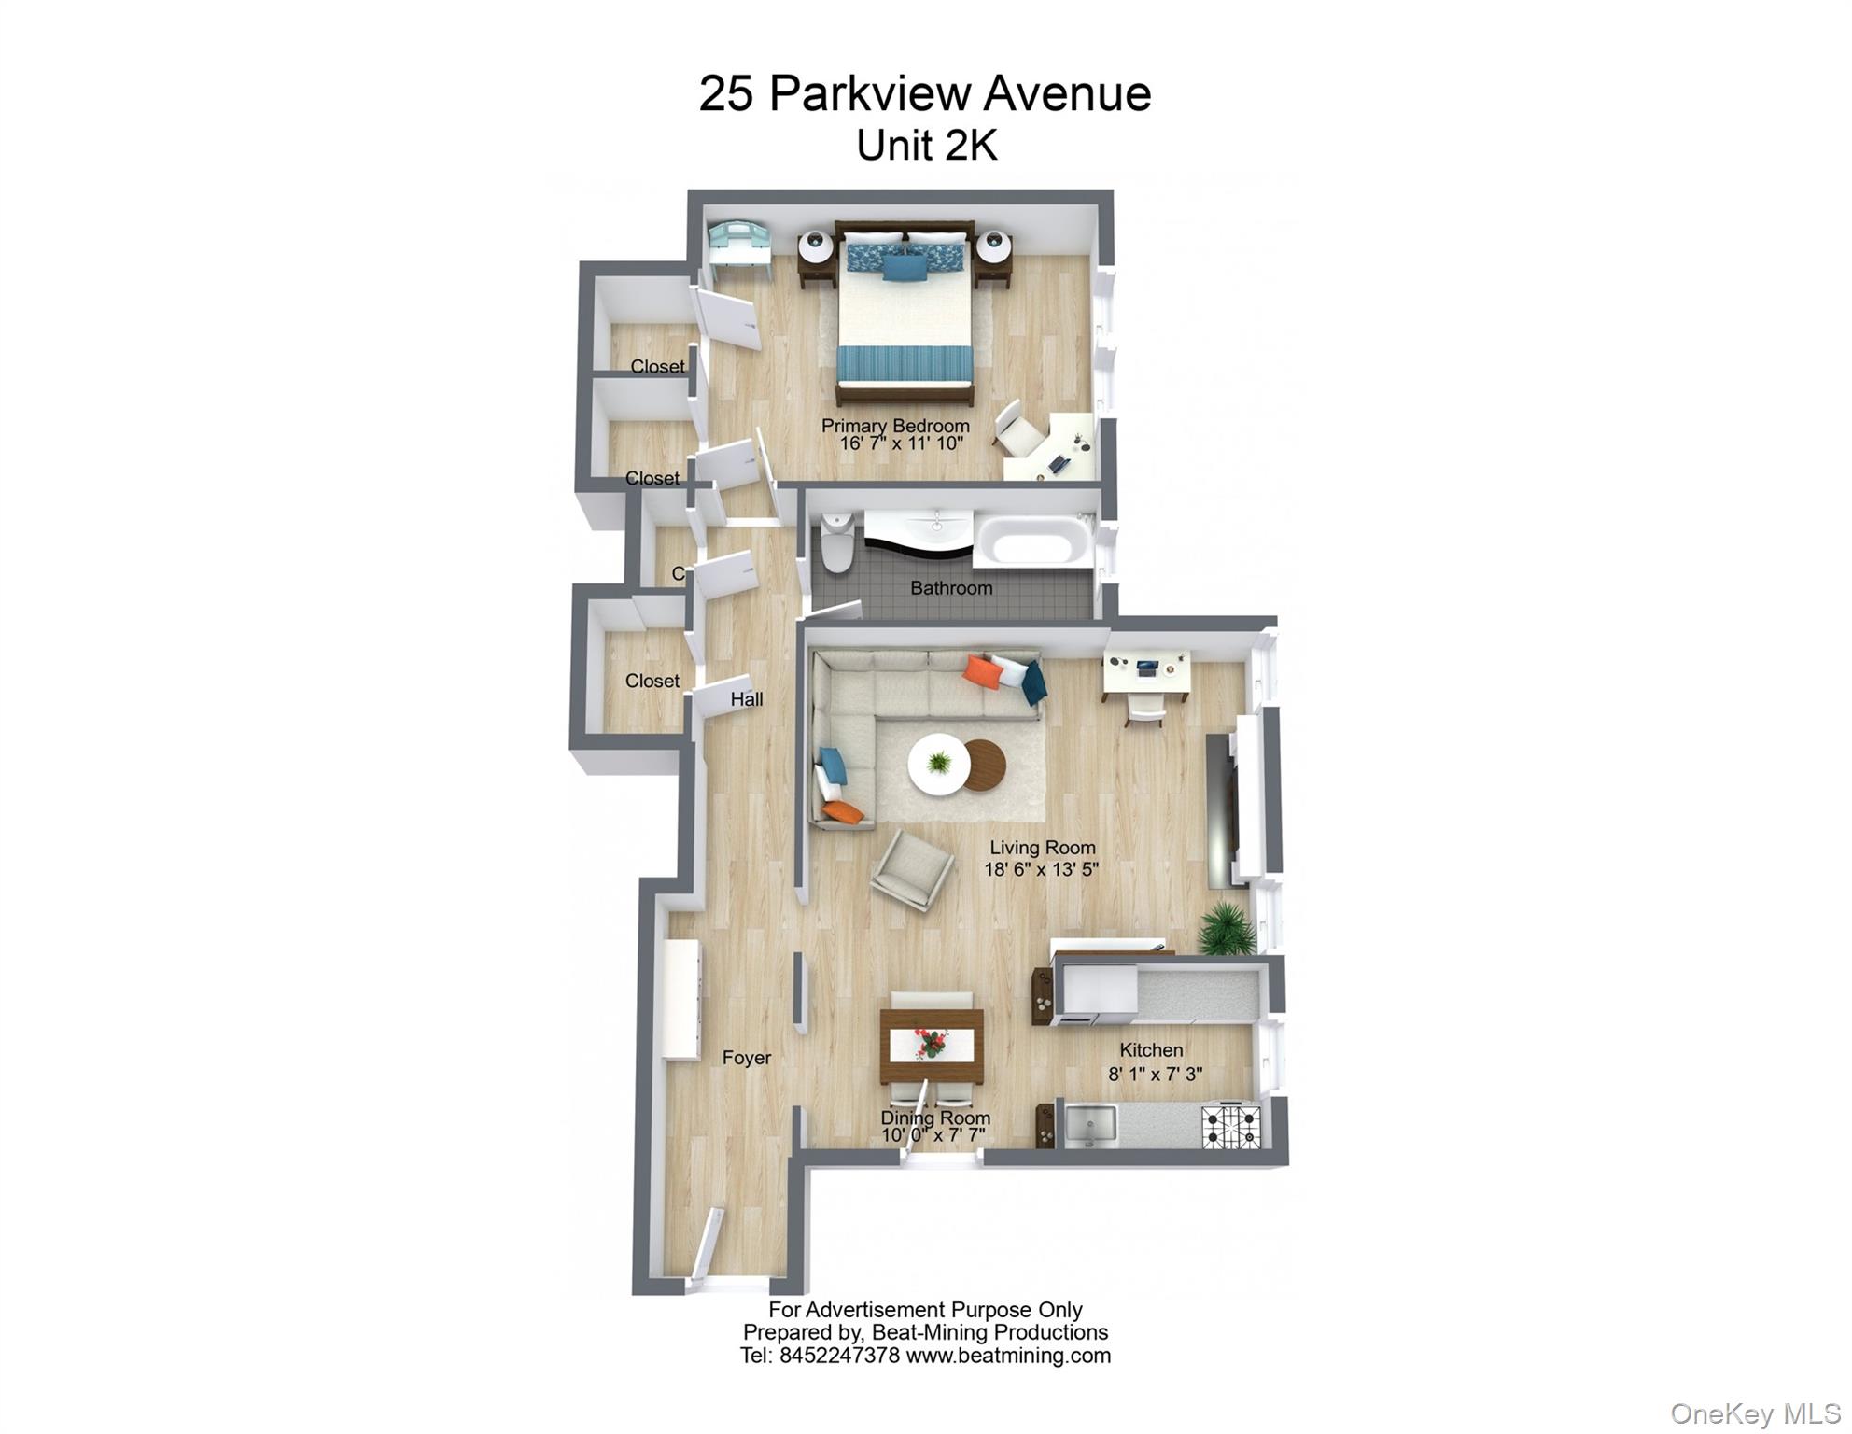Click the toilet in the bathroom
pyautogui.click(x=836, y=545)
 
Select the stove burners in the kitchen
pyautogui.click(x=1230, y=1126)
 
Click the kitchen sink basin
pyautogui.click(x=1090, y=1125)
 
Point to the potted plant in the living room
pyautogui.click(x=1226, y=929)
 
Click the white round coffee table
pyautogui.click(x=939, y=765)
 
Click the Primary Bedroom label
pyautogui.click(x=895, y=426)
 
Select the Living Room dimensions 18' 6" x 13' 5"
pyautogui.click(x=1041, y=870)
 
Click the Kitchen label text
pyautogui.click(x=1151, y=1050)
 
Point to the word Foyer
pyautogui.click(x=746, y=1058)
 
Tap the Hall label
pyautogui.click(x=747, y=699)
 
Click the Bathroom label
pyautogui.click(x=951, y=588)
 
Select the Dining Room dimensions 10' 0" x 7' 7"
pyautogui.click(x=933, y=1135)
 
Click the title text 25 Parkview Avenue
pyautogui.click(x=925, y=94)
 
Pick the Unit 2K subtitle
pyautogui.click(x=927, y=146)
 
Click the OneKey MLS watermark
pyautogui.click(x=1755, y=1413)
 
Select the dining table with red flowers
pyautogui.click(x=932, y=1045)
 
